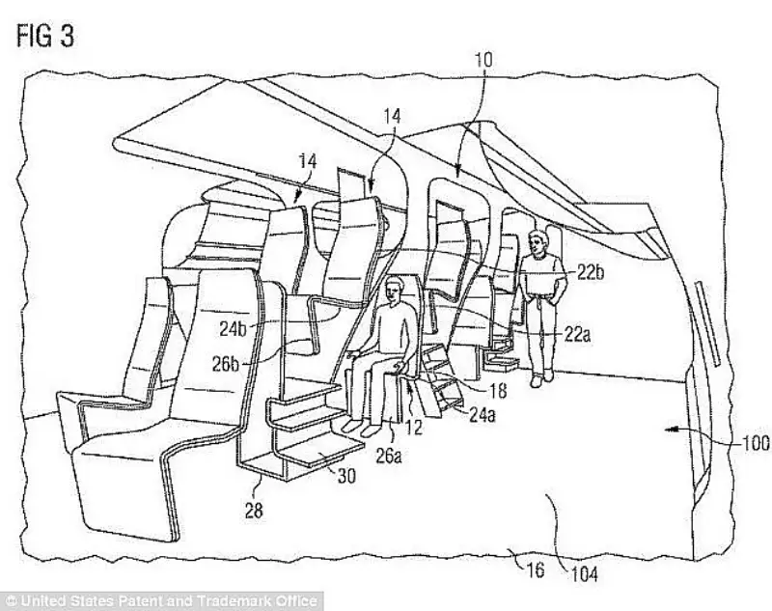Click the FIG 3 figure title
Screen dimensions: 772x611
click(x=45, y=37)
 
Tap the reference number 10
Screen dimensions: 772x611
click(x=483, y=60)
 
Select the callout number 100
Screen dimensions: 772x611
click(x=756, y=443)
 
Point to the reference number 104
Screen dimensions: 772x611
click(x=585, y=574)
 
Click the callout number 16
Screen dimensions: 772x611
click(x=536, y=569)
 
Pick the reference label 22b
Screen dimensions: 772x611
click(x=591, y=271)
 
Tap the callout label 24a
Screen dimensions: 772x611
click(x=482, y=415)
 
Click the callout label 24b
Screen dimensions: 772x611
click(x=233, y=329)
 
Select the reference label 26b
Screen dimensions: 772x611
click(x=226, y=364)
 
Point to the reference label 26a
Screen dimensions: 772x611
click(x=389, y=456)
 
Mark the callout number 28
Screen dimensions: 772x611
click(x=254, y=510)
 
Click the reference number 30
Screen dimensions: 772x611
click(x=345, y=476)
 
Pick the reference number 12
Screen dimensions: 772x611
click(x=414, y=427)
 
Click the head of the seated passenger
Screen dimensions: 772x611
click(x=394, y=291)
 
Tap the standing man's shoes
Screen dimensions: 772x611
click(x=541, y=378)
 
